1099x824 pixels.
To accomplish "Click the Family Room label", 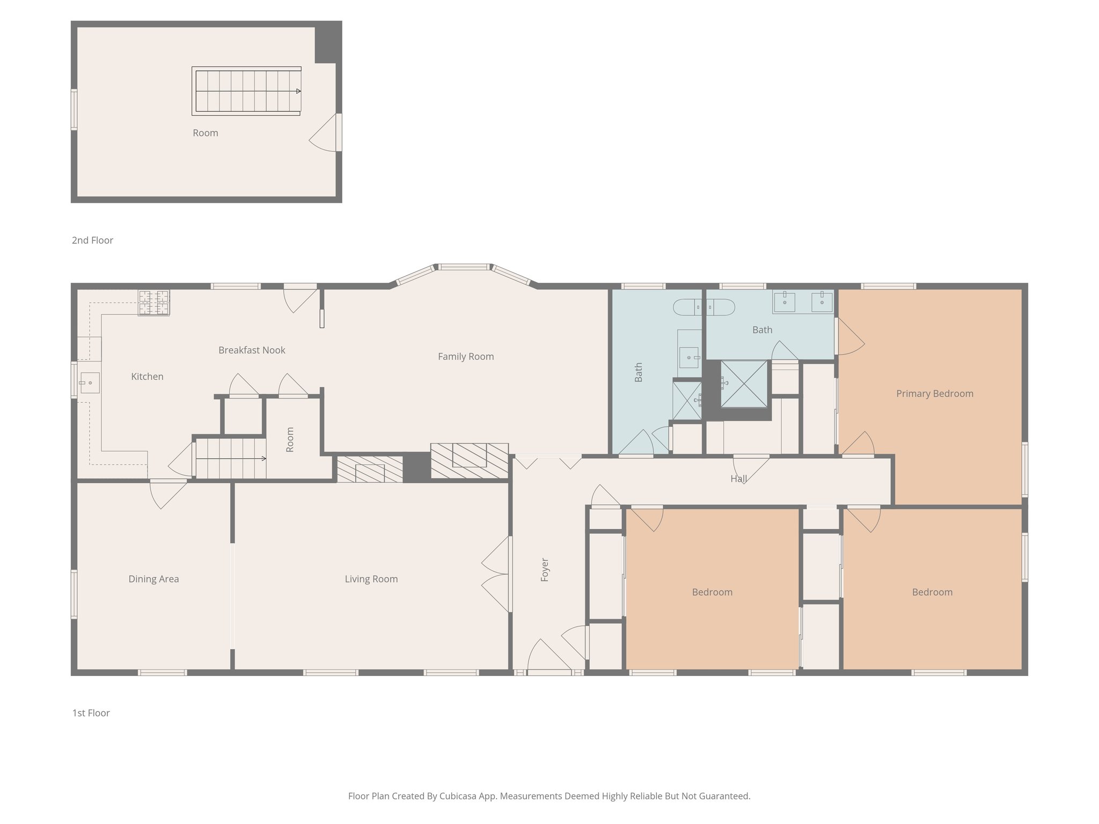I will pyautogui.click(x=465, y=356).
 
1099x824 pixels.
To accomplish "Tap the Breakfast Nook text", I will pyautogui.click(x=252, y=350).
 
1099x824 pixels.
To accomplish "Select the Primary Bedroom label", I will pyautogui.click(x=934, y=393).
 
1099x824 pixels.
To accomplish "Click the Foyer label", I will pyautogui.click(x=545, y=570).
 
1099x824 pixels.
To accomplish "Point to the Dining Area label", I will pyautogui.click(x=153, y=579).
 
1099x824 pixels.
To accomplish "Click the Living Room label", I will pyautogui.click(x=371, y=579).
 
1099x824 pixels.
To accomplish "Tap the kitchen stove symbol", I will pyautogui.click(x=153, y=303).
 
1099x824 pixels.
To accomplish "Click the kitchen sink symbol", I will pyautogui.click(x=89, y=382).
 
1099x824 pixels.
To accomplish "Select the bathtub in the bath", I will pyautogui.click(x=704, y=307).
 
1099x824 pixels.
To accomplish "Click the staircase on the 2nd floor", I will pyautogui.click(x=246, y=91).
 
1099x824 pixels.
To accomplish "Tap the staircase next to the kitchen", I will pyautogui.click(x=230, y=458).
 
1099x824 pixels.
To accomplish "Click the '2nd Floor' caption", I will pyautogui.click(x=92, y=240).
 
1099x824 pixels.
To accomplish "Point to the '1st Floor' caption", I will pyautogui.click(x=91, y=713).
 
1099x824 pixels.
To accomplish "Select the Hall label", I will pyautogui.click(x=738, y=479).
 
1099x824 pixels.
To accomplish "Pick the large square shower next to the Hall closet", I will pyautogui.click(x=743, y=384).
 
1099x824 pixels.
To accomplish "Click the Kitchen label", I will pyautogui.click(x=147, y=377).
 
